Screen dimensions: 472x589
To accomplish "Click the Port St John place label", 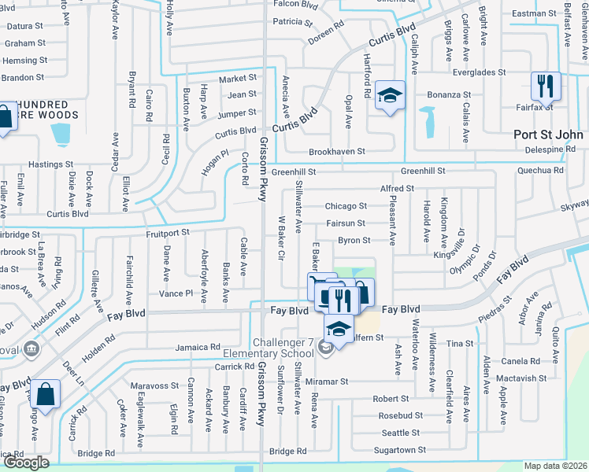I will click(549, 135).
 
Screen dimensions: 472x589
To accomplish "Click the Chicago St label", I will click(346, 206).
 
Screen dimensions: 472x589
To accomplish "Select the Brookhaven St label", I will click(336, 151).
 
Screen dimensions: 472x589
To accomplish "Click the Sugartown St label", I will click(399, 450).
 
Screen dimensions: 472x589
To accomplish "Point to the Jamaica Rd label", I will click(198, 347).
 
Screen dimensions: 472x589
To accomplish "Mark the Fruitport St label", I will click(167, 233).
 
